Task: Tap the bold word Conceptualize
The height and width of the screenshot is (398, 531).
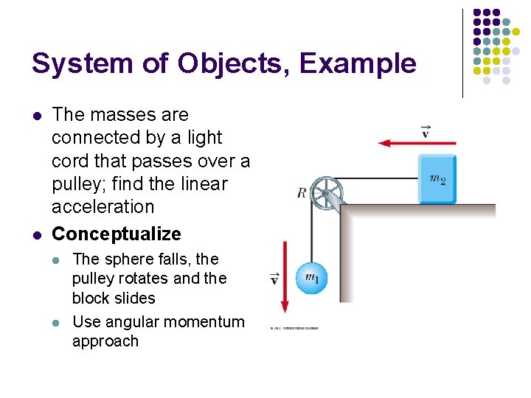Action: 116,234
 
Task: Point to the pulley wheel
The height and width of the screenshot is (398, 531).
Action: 325,195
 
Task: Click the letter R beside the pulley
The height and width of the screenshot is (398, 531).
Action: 301,193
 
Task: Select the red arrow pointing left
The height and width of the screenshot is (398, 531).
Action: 416,143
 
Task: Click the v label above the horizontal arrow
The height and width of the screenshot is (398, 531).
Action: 426,131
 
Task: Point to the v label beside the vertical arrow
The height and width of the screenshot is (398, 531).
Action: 274,279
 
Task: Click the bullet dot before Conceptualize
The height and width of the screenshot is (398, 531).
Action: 36,235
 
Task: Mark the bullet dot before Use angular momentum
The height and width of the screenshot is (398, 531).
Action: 60,322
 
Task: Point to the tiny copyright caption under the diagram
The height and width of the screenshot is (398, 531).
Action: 294,328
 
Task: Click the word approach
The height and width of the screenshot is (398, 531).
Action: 105,341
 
